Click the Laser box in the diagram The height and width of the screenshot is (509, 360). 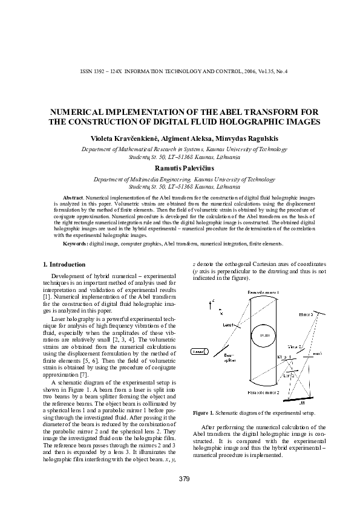click(x=197, y=352)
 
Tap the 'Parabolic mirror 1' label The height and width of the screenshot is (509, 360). click(x=263, y=293)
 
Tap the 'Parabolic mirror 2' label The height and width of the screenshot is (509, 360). click(x=263, y=392)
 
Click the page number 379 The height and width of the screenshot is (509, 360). click(x=185, y=479)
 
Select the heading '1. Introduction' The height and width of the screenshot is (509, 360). click(x=65, y=264)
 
